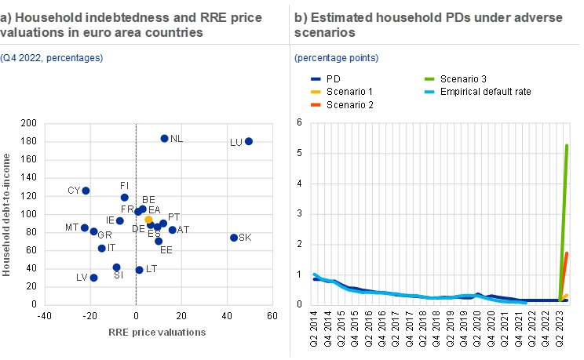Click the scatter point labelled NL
[x=164, y=138]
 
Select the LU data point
[x=249, y=141]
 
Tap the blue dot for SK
[x=234, y=237]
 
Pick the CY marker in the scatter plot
[x=86, y=191]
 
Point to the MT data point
[x=85, y=227]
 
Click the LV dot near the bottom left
[x=94, y=278]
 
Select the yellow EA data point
[x=148, y=220]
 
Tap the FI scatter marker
[x=125, y=197]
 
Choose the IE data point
[x=119, y=221]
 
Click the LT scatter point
[x=140, y=270]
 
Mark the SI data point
[x=116, y=267]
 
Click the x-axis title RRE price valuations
[x=158, y=332]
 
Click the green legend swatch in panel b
[x=429, y=79]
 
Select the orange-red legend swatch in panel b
[x=316, y=104]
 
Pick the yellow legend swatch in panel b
[x=316, y=92]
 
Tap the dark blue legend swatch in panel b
[x=316, y=79]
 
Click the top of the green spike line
[x=568, y=145]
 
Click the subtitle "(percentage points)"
[x=336, y=58]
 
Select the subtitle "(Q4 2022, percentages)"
[x=52, y=58]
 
